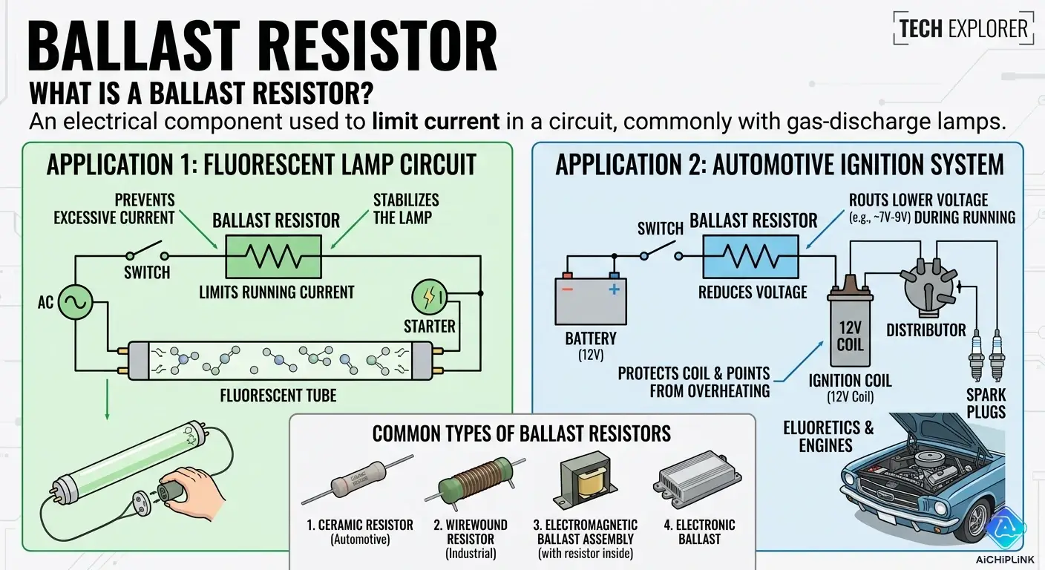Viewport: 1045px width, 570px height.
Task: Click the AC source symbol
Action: [75, 303]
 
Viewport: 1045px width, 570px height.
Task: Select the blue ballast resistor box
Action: [753, 257]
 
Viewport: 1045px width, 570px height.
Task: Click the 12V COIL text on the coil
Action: [850, 335]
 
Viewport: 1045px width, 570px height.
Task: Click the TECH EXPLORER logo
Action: [963, 29]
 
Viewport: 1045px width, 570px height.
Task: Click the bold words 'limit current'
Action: [436, 122]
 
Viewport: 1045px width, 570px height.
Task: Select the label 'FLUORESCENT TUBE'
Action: [278, 395]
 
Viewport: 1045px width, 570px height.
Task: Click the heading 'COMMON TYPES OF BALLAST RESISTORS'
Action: [521, 433]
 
